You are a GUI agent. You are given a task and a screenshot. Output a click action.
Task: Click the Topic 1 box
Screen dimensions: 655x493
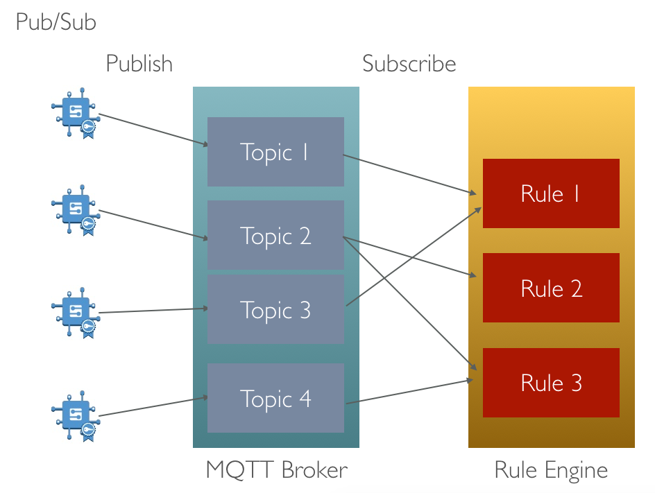[275, 152]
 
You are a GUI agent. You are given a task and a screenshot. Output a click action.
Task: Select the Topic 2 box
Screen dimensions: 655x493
[275, 235]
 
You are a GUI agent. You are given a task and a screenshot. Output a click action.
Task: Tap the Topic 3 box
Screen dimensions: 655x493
[275, 309]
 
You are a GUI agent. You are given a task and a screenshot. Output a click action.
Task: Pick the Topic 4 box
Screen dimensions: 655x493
[275, 398]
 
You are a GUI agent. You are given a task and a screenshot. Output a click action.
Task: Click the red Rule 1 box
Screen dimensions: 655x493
[551, 193]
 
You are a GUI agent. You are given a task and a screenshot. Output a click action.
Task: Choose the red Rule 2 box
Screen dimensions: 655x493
[551, 288]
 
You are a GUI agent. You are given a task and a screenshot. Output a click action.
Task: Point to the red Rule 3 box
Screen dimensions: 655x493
[551, 382]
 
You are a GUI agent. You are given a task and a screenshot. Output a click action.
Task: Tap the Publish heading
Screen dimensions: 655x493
[139, 64]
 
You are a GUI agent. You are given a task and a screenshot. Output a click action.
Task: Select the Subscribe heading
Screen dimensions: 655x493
[409, 64]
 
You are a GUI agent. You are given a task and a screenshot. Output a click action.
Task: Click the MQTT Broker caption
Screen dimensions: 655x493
[277, 469]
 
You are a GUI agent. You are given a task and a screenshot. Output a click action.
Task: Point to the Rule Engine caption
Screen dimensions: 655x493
[551, 470]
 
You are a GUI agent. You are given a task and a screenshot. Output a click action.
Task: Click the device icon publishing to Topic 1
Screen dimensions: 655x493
[76, 113]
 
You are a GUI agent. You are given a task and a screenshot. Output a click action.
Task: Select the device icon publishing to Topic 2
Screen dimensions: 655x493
[76, 209]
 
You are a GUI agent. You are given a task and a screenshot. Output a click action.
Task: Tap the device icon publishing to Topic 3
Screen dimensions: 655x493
[76, 312]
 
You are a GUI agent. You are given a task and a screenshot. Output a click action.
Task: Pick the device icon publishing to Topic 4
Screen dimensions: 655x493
[76, 416]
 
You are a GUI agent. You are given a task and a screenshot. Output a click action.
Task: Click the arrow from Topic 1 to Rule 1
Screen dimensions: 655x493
[409, 174]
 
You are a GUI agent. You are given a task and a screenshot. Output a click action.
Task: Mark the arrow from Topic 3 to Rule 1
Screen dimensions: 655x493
[414, 257]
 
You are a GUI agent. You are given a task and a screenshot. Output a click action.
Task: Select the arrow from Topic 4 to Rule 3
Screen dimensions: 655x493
[409, 392]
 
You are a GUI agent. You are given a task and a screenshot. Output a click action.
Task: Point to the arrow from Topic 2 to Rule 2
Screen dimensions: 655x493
[409, 257]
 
